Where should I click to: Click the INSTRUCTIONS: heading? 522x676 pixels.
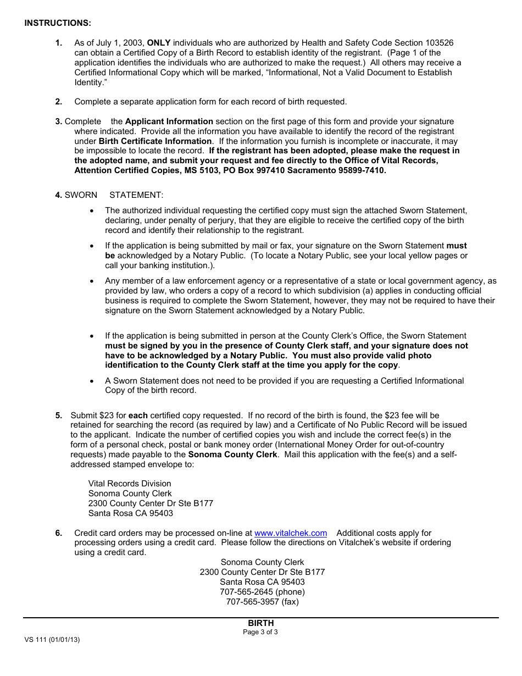(58, 23)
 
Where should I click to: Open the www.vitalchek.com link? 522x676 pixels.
(291, 533)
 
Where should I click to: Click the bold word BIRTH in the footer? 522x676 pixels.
(260, 623)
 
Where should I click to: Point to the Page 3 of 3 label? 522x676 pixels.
(260, 632)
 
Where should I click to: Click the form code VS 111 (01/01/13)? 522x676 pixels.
(52, 640)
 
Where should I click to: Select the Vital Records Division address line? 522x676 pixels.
(130, 484)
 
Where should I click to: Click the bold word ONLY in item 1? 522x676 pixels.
(159, 43)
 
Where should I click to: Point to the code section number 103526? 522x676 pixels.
(438, 43)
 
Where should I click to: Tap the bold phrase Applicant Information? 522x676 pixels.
(169, 121)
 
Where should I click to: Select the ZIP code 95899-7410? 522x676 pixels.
(359, 170)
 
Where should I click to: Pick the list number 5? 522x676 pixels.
(58, 415)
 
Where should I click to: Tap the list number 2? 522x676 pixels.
(58, 102)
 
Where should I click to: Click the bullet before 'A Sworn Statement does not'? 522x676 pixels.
(92, 381)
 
